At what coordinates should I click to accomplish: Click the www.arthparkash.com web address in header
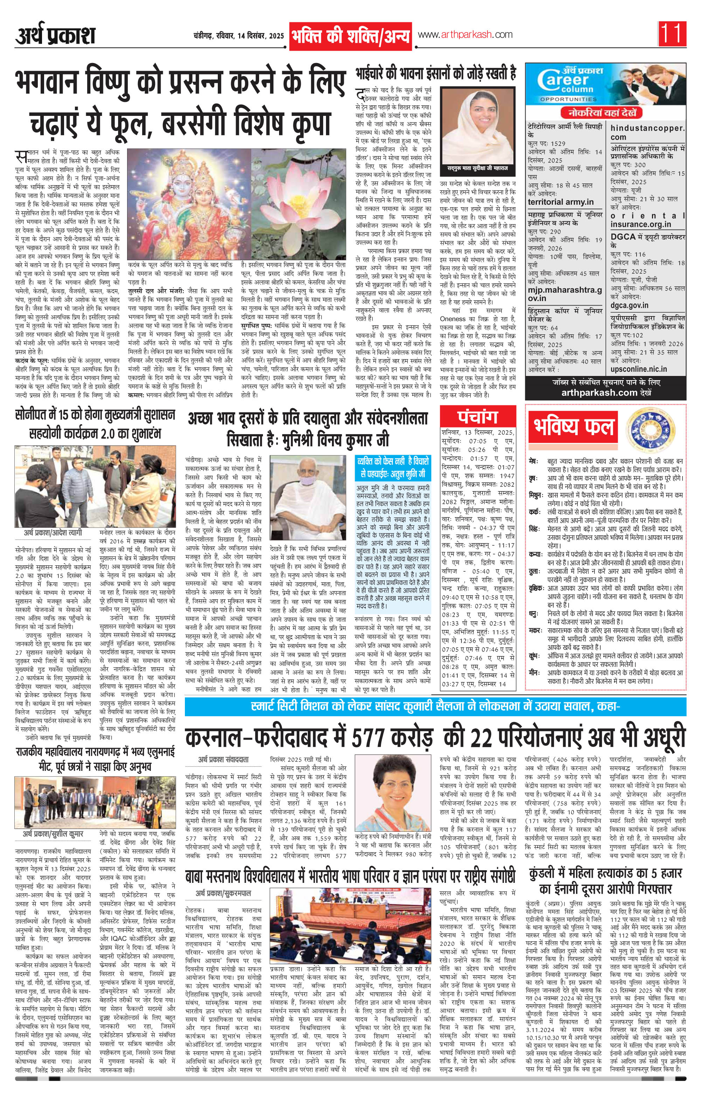[x=465, y=35]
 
